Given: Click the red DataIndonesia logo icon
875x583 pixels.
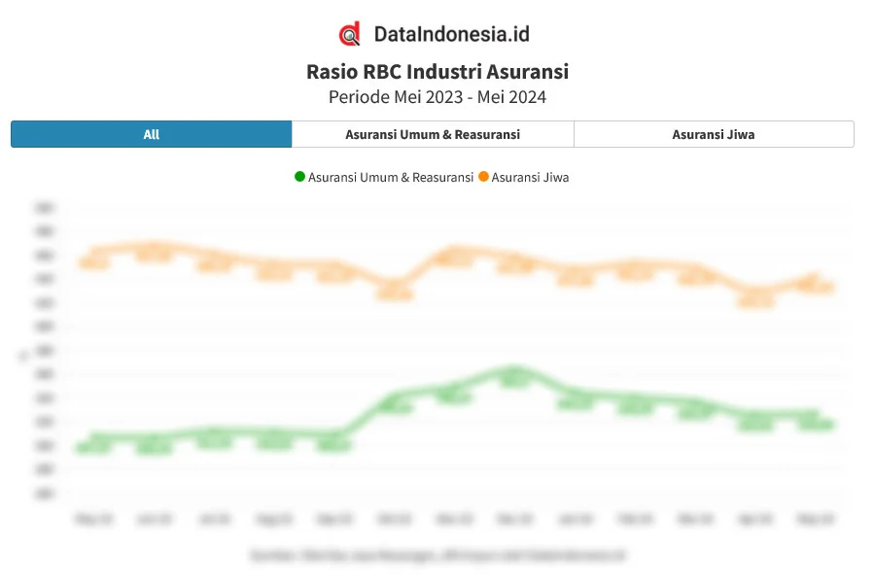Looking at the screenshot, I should pyautogui.click(x=350, y=34).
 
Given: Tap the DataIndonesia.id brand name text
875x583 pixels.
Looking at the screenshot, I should pyautogui.click(x=451, y=34).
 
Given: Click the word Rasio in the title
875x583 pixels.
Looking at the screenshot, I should pyautogui.click(x=331, y=72).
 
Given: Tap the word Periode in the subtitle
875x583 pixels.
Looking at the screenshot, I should pyautogui.click(x=359, y=97).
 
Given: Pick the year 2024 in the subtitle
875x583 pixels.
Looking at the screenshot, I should pyautogui.click(x=526, y=97).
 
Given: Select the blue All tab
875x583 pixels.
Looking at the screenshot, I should pyautogui.click(x=151, y=134).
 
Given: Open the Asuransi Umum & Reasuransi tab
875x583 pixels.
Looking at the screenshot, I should pyautogui.click(x=433, y=134).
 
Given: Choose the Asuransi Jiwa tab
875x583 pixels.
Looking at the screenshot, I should pyautogui.click(x=714, y=134).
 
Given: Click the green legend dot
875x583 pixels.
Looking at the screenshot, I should pyautogui.click(x=299, y=177).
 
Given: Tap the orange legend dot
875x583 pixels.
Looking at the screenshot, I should pyautogui.click(x=483, y=177).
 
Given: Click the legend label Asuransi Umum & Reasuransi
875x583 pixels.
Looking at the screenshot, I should pyautogui.click(x=391, y=177).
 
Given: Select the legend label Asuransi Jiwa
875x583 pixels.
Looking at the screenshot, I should pyautogui.click(x=531, y=177).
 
